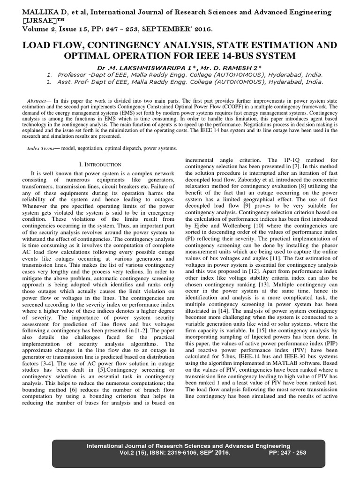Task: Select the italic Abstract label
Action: [x=35, y=101]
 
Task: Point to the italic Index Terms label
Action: [x=39, y=148]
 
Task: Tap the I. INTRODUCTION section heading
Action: [x=100, y=165]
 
